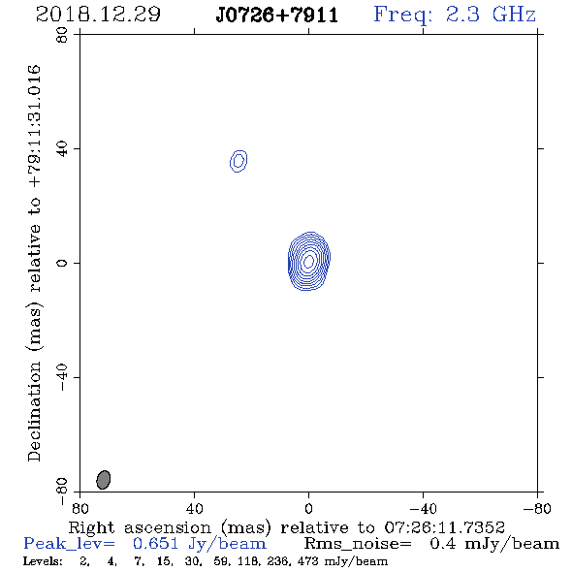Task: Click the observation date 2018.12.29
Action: (98, 15)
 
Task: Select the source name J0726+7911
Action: (277, 16)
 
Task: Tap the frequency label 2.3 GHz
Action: (491, 15)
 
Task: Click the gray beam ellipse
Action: (103, 480)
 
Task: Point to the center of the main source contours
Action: (309, 261)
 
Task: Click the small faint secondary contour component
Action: (238, 161)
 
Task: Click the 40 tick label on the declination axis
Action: (62, 149)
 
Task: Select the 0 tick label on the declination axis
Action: (62, 263)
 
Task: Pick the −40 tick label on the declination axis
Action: (62, 377)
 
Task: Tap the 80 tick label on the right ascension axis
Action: (79, 508)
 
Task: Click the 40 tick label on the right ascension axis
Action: (194, 508)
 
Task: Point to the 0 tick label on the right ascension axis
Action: (308, 508)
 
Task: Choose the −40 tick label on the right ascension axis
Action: (423, 508)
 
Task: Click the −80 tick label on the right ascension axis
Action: (537, 508)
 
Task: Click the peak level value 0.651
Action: (155, 544)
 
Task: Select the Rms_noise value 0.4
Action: (443, 544)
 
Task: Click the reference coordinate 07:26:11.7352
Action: (444, 527)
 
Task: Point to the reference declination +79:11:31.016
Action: (34, 127)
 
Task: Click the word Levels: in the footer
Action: (43, 561)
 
